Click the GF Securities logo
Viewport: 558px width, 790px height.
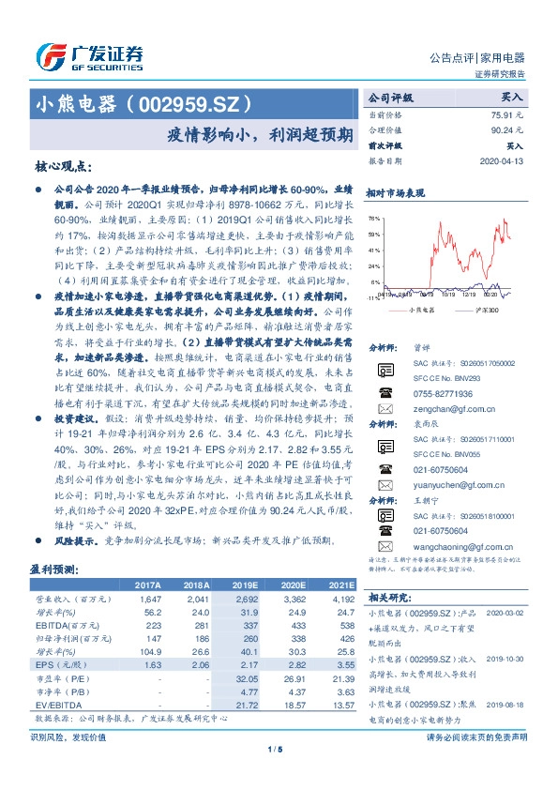[89, 55]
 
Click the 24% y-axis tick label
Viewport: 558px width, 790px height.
[373, 266]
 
